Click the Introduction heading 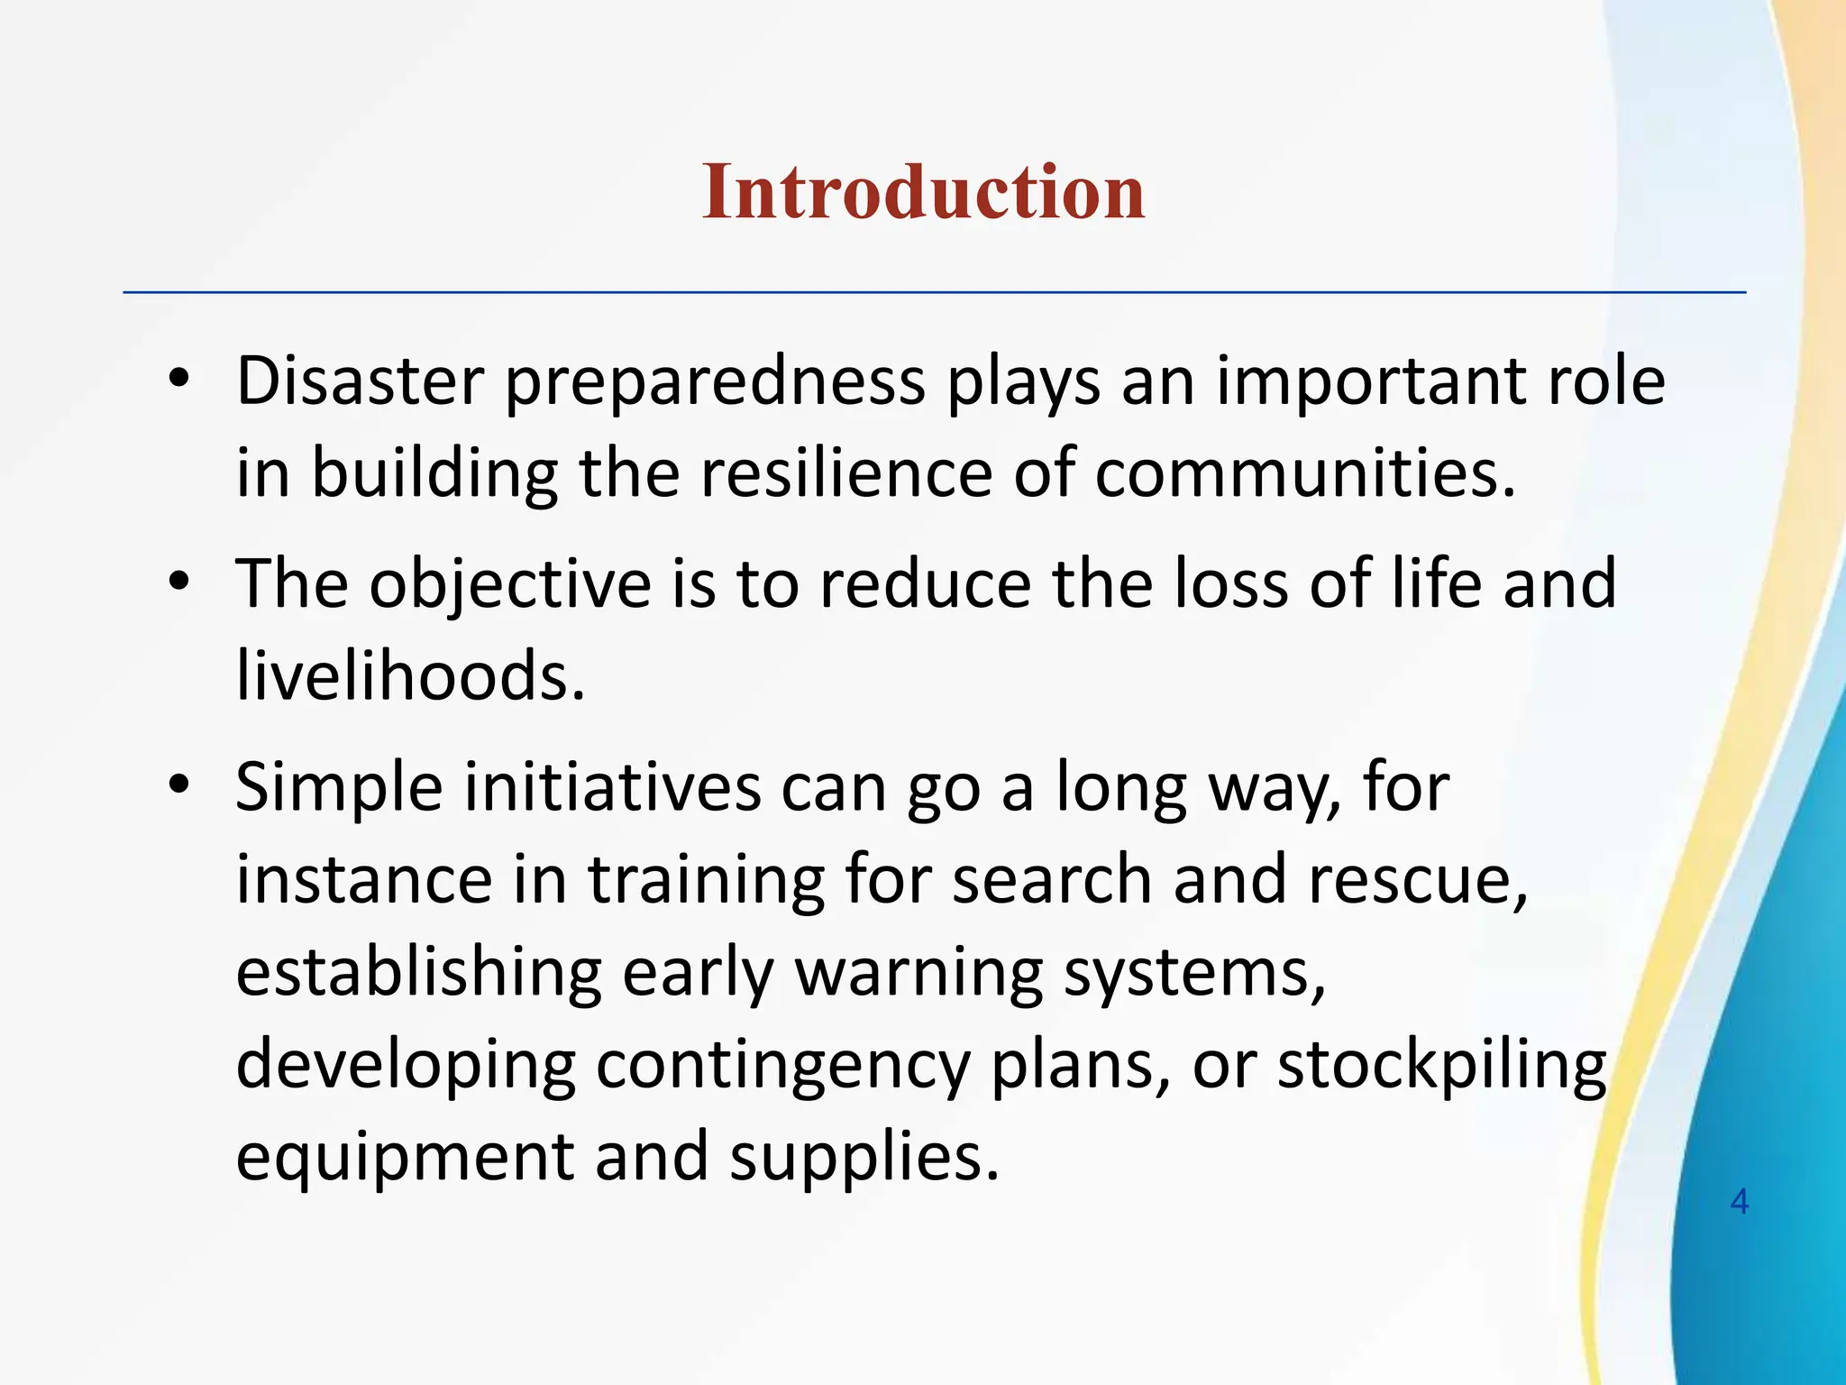pyautogui.click(x=923, y=191)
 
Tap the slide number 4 pyautogui.click(x=1740, y=1202)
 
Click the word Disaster pyautogui.click(x=360, y=381)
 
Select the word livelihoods pyautogui.click(x=410, y=675)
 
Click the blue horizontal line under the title pyautogui.click(x=934, y=292)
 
